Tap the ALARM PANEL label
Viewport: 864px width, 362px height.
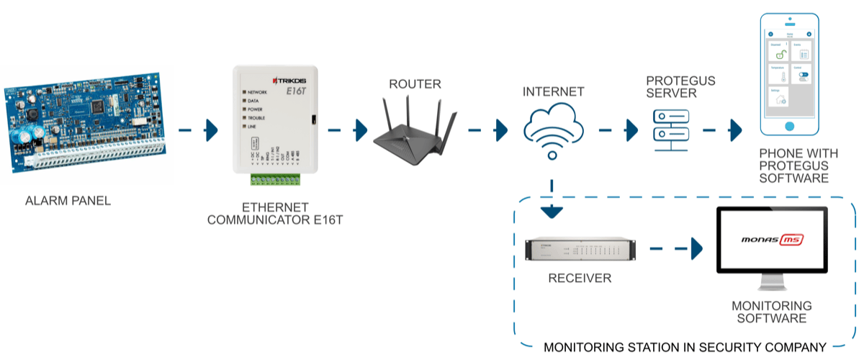[68, 201]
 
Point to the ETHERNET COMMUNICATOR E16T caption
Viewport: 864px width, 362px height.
[275, 213]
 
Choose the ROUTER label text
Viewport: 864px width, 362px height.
[415, 84]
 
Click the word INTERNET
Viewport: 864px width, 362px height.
[553, 92]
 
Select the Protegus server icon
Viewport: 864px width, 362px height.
[670, 130]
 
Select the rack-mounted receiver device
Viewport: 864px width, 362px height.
[580, 250]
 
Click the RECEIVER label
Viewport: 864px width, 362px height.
[580, 278]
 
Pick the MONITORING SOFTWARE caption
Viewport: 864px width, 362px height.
[771, 312]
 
